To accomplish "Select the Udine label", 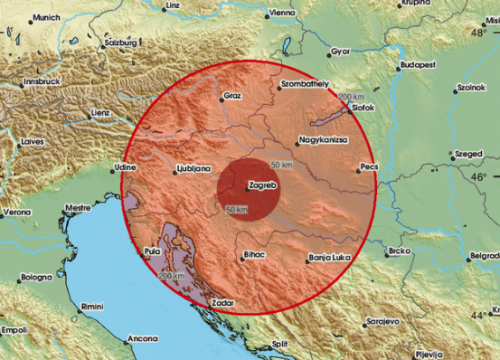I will (x=125, y=164).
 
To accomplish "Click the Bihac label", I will (x=254, y=255).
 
